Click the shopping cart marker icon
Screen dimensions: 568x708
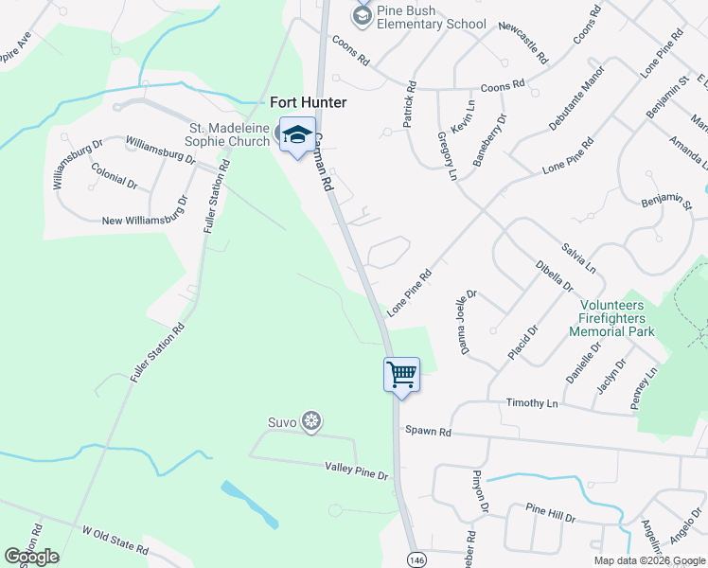coord(401,374)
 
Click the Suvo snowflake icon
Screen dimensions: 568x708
coord(311,422)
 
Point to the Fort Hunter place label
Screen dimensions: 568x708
coord(309,102)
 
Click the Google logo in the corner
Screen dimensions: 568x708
coord(31,557)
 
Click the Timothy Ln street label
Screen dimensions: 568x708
coord(533,403)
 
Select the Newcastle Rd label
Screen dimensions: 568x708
coord(522,43)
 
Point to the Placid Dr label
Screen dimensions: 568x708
coord(522,342)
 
